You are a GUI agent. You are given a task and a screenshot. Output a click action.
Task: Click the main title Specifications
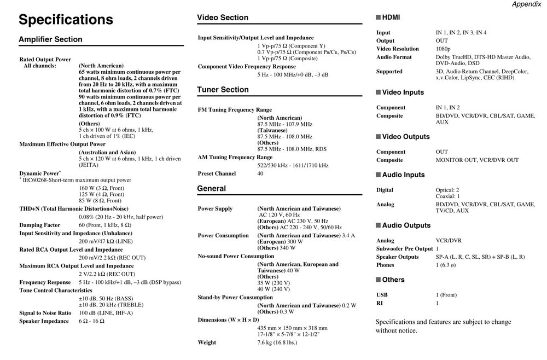66,20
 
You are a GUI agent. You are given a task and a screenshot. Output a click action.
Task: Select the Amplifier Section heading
50,39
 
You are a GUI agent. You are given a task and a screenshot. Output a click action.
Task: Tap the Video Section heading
222,18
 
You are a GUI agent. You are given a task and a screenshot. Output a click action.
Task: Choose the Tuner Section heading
223,90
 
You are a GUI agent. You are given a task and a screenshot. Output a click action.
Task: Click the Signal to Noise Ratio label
45,313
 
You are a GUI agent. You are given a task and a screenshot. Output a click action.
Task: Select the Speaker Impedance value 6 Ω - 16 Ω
91,321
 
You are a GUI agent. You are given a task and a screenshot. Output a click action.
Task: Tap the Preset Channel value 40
260,173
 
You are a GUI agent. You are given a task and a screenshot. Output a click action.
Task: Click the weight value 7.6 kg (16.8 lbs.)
277,342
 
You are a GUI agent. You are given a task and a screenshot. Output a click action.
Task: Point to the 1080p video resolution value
443,49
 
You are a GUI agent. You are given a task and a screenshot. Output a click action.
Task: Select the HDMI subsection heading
391,18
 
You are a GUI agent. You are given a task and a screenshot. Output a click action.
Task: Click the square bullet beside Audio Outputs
378,225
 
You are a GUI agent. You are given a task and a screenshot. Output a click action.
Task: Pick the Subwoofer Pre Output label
404,249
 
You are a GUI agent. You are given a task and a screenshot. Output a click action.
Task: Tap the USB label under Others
382,295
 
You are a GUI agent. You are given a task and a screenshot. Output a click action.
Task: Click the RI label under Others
380,303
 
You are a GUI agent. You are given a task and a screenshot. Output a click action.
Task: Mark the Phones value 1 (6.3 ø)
446,265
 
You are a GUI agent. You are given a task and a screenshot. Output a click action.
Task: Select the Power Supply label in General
215,208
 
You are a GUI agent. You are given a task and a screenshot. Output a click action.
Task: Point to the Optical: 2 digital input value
447,190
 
